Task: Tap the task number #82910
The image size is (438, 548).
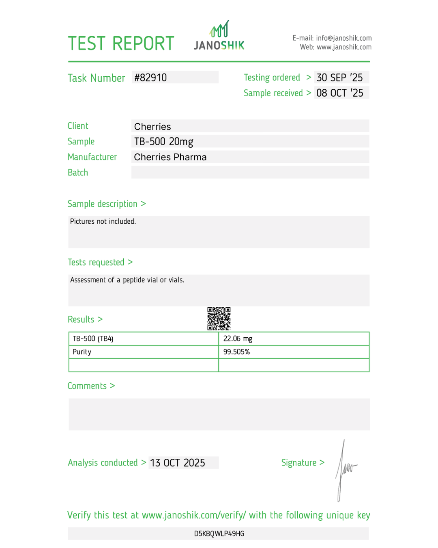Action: (150, 78)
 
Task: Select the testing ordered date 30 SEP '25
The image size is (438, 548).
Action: (339, 78)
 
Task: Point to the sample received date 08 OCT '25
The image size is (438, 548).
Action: (339, 93)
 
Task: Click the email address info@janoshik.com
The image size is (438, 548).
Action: (344, 38)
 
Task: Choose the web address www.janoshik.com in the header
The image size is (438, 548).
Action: (344, 47)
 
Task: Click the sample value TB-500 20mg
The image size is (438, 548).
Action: (163, 142)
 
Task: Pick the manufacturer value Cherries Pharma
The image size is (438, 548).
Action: (170, 157)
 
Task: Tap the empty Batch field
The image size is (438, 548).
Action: (250, 173)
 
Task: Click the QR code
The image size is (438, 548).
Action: (219, 319)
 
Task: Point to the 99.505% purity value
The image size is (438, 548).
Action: (236, 352)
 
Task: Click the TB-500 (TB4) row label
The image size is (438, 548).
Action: (93, 339)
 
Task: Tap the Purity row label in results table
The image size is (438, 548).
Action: (82, 352)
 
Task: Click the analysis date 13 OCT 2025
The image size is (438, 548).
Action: (178, 463)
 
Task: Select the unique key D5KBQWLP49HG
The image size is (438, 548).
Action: (219, 534)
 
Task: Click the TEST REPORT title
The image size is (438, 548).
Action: (121, 43)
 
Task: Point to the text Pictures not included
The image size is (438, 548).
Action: (103, 222)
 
